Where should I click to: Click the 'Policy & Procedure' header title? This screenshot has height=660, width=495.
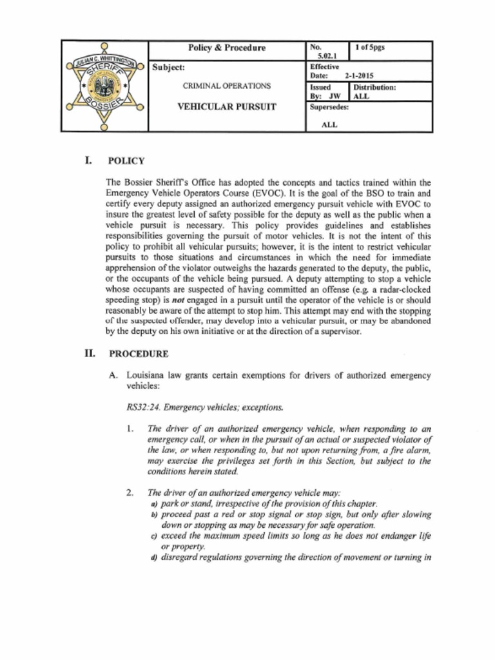226,48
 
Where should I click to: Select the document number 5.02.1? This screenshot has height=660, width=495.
322,56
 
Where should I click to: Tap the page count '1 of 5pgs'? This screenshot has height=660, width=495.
370,47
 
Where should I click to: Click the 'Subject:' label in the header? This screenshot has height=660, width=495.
168,67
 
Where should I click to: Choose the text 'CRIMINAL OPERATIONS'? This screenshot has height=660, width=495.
226,86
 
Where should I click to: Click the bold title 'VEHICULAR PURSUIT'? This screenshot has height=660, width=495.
226,107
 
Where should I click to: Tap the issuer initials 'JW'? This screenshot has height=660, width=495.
335,96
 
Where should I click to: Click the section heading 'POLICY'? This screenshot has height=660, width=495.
126,161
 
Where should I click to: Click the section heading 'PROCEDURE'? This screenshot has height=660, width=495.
139,354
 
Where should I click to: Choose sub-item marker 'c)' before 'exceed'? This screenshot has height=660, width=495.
153,536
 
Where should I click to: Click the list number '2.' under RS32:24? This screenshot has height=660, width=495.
130,493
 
